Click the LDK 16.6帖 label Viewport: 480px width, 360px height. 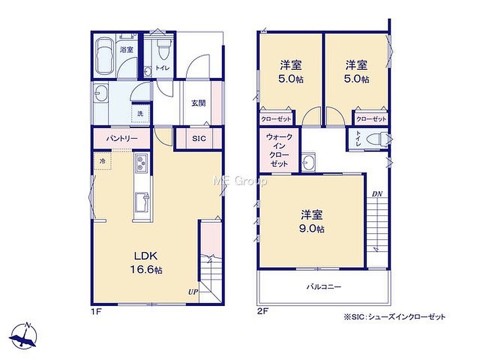pyautogui.click(x=146, y=263)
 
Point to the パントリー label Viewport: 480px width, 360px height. pyautogui.click(x=122, y=139)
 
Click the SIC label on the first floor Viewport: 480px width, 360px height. pyautogui.click(x=199, y=139)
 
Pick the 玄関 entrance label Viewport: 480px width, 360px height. pyautogui.click(x=199, y=103)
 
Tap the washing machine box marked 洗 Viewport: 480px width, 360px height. pyautogui.click(x=140, y=113)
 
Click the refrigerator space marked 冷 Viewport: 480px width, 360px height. pyautogui.click(x=103, y=161)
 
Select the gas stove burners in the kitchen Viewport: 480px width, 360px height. pyautogui.click(x=141, y=162)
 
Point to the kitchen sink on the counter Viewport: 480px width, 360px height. pyautogui.click(x=142, y=202)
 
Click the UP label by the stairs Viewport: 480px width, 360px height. pyautogui.click(x=193, y=292)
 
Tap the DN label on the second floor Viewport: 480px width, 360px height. pyautogui.click(x=377, y=194)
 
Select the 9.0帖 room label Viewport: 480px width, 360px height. pyautogui.click(x=312, y=221)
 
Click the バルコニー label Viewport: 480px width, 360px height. pyautogui.click(x=324, y=287)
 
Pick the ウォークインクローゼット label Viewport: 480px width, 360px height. pyautogui.click(x=279, y=150)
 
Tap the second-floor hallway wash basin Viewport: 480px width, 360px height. pyautogui.click(x=308, y=162)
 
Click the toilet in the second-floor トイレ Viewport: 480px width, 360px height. pyautogui.click(x=378, y=139)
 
